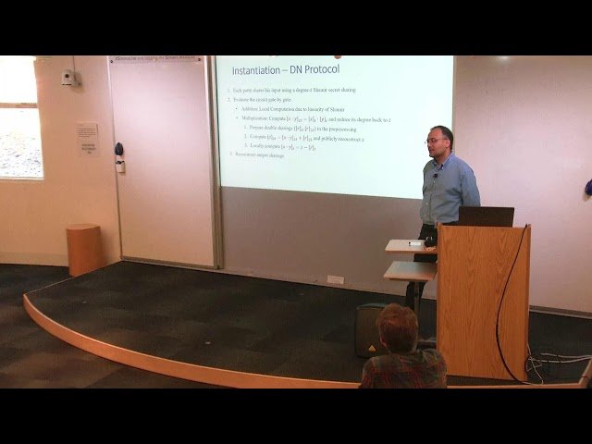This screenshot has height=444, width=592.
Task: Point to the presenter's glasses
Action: click(x=437, y=141)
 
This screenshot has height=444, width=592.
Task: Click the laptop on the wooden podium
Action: click(x=486, y=216)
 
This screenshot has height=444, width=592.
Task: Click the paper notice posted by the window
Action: click(x=87, y=139)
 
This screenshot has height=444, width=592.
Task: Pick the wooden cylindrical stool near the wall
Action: click(x=83, y=249)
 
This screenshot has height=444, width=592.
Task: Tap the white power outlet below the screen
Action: click(x=334, y=279)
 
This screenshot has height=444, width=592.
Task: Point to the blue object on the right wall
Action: click(x=587, y=188)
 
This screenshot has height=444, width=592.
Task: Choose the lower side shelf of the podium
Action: click(x=411, y=270)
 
